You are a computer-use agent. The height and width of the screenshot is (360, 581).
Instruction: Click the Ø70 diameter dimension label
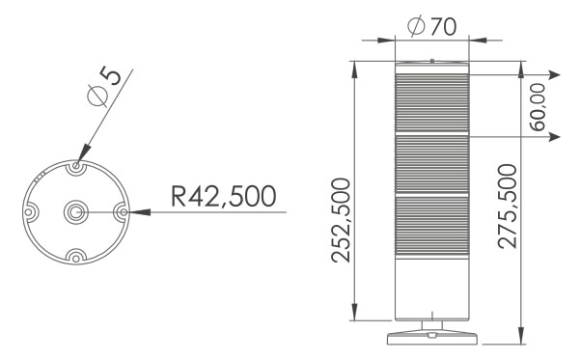pyautogui.click(x=431, y=26)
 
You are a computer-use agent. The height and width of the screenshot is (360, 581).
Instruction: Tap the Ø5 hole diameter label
pyautogui.click(x=104, y=86)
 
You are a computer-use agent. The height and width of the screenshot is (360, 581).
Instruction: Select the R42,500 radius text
pyautogui.click(x=224, y=196)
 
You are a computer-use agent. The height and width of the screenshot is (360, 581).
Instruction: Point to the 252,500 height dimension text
pyautogui.click(x=341, y=220)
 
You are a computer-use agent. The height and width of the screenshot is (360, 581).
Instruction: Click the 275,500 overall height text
pyautogui.click(x=508, y=206)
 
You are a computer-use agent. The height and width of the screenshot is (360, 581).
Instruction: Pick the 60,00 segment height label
pyautogui.click(x=538, y=107)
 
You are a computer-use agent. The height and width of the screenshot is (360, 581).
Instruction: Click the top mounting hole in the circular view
pyautogui.click(x=76, y=166)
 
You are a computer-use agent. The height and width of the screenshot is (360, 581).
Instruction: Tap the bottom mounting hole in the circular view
pyautogui.click(x=76, y=258)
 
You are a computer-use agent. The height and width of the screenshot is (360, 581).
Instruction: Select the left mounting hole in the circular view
pyautogui.click(x=29, y=212)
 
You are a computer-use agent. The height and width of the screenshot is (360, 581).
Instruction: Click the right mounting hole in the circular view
pyautogui.click(x=123, y=212)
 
